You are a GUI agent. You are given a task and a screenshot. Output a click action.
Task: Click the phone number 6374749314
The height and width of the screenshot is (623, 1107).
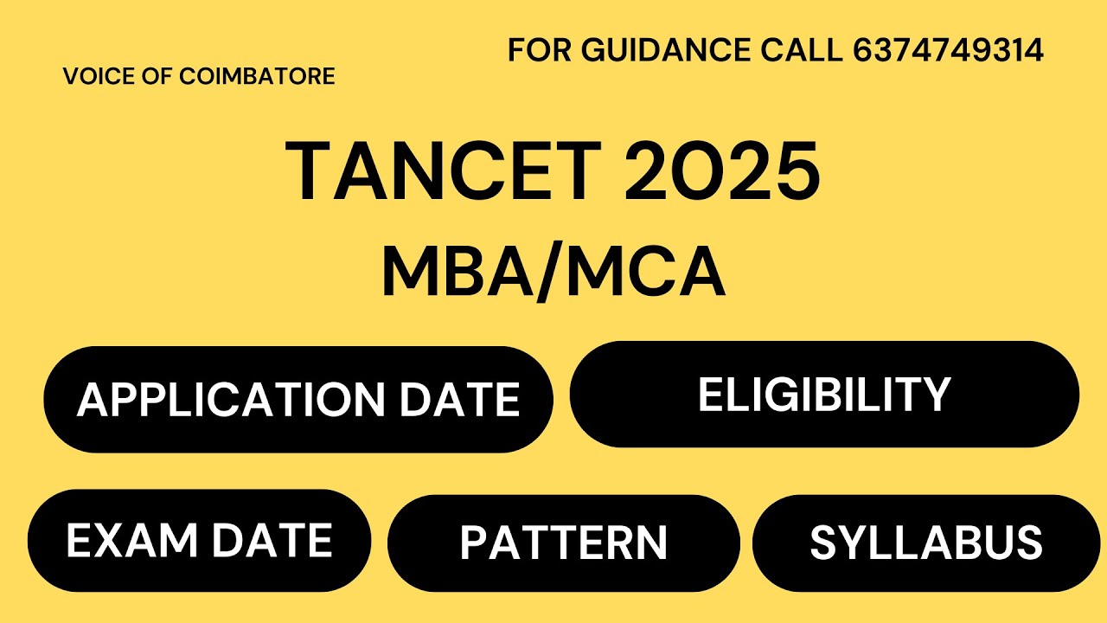(948, 51)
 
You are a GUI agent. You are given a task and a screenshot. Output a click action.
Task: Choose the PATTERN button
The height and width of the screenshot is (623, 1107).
(563, 543)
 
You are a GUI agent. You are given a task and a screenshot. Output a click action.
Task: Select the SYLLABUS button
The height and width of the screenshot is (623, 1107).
(925, 543)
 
